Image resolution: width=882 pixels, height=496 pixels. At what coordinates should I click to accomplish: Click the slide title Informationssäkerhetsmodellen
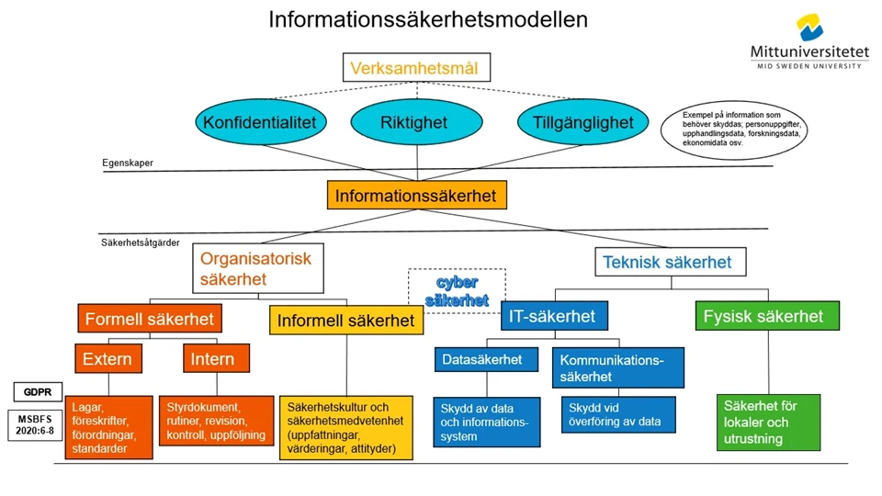(x=427, y=19)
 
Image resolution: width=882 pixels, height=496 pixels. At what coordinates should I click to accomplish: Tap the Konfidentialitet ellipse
(x=259, y=122)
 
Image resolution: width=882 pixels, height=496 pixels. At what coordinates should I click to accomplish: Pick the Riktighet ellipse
(x=413, y=122)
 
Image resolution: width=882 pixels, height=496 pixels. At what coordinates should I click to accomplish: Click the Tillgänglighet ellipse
(x=576, y=122)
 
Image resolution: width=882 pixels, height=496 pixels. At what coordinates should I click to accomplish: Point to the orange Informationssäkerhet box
(x=415, y=196)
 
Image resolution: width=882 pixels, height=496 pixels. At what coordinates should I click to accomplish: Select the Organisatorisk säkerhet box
(x=256, y=269)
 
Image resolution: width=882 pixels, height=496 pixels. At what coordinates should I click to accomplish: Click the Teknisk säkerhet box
(x=667, y=262)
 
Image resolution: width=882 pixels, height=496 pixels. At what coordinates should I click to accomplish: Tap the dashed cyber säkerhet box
(x=457, y=290)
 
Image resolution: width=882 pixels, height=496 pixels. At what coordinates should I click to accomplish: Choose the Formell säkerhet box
(x=149, y=320)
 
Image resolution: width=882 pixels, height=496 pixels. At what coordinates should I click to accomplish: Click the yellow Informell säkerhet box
(x=346, y=321)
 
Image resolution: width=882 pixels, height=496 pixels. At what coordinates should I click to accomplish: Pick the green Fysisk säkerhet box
(x=763, y=317)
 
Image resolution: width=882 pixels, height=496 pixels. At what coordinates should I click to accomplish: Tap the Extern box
(x=107, y=358)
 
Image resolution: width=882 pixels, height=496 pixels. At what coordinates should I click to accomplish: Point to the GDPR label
(x=32, y=392)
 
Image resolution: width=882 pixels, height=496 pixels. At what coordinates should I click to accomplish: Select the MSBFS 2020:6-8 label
(x=32, y=423)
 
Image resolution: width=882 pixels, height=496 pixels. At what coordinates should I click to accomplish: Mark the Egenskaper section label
(x=128, y=163)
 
